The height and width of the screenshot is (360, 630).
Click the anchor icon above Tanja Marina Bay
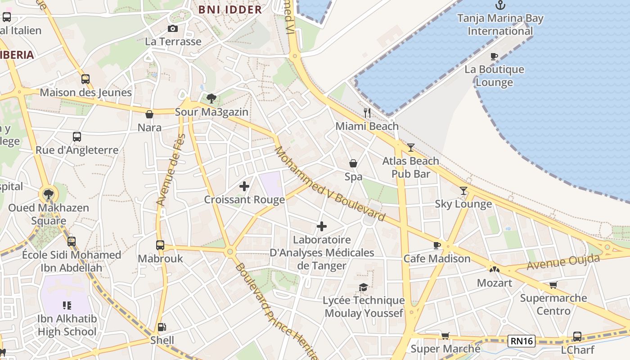tap(500, 5)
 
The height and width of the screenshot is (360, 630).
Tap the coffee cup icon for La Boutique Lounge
tap(494, 57)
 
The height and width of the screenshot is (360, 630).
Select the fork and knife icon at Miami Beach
tap(367, 113)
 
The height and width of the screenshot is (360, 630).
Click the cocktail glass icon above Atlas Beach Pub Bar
tap(410, 147)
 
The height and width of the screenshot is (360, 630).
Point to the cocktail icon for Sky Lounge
tap(463, 190)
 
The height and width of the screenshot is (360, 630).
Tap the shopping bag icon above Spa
tap(353, 163)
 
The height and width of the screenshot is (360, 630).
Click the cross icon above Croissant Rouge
tap(244, 186)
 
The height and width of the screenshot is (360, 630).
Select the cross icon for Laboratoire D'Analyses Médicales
tap(322, 226)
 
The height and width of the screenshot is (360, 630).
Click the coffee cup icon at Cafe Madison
tap(436, 245)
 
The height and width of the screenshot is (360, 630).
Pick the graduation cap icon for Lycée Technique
tap(363, 287)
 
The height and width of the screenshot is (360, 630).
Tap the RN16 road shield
tap(522, 341)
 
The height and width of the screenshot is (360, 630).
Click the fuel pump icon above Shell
tap(162, 327)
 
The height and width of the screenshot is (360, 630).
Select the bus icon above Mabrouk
tap(160, 245)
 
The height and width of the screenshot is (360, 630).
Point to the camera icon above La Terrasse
tap(172, 29)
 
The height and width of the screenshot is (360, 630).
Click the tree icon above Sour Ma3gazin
tap(211, 99)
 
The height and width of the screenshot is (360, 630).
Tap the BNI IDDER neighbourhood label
tap(230, 9)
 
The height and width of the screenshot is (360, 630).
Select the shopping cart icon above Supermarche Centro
tap(553, 285)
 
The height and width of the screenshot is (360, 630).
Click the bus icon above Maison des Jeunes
tap(85, 79)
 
